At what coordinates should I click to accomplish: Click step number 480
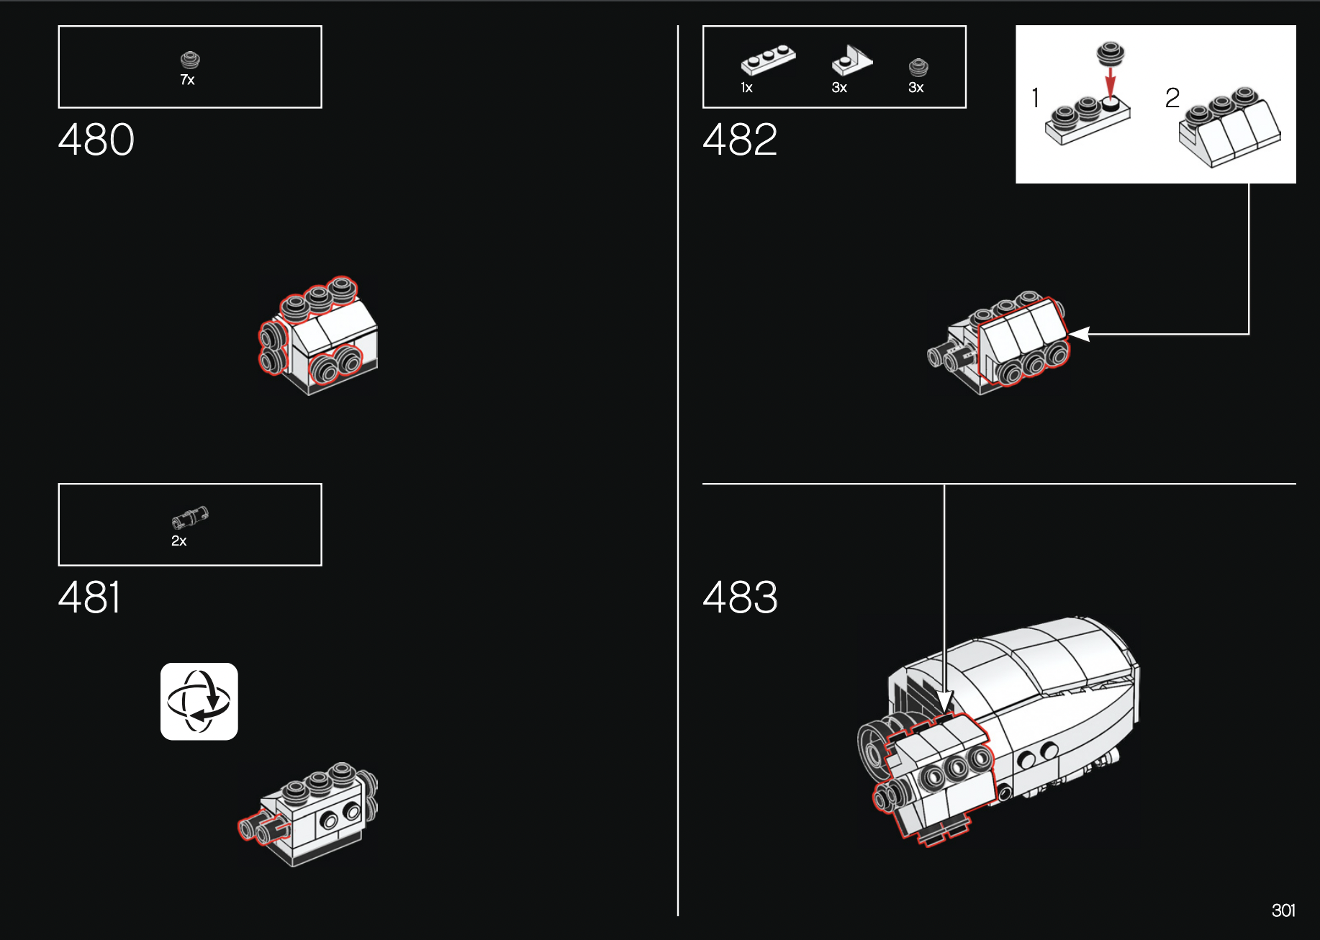pyautogui.click(x=96, y=140)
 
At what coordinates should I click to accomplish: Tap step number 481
pyautogui.click(x=89, y=597)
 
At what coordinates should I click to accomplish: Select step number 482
pyautogui.click(x=740, y=140)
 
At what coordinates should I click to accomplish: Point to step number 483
pyautogui.click(x=740, y=597)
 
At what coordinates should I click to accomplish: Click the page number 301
pyautogui.click(x=1283, y=910)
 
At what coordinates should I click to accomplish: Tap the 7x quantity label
pyautogui.click(x=187, y=80)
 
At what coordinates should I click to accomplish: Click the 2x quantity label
pyautogui.click(x=178, y=541)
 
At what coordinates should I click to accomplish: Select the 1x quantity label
pyautogui.click(x=746, y=88)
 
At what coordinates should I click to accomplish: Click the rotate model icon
pyautogui.click(x=199, y=701)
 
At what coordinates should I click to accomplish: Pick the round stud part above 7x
pyautogui.click(x=190, y=60)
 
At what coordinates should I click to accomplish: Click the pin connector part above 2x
pyautogui.click(x=190, y=517)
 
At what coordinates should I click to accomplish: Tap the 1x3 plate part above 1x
pyautogui.click(x=768, y=60)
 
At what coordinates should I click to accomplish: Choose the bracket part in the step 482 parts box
pyautogui.click(x=852, y=60)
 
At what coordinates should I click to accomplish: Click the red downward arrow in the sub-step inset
pyautogui.click(x=1111, y=82)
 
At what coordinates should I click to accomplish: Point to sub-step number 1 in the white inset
pyautogui.click(x=1035, y=98)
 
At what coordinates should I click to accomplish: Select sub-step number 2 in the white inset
pyautogui.click(x=1172, y=98)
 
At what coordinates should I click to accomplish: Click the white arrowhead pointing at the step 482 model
pyautogui.click(x=1080, y=334)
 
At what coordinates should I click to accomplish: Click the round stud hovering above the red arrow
pyautogui.click(x=1111, y=54)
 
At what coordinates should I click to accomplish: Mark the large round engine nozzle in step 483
pyautogui.click(x=874, y=749)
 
